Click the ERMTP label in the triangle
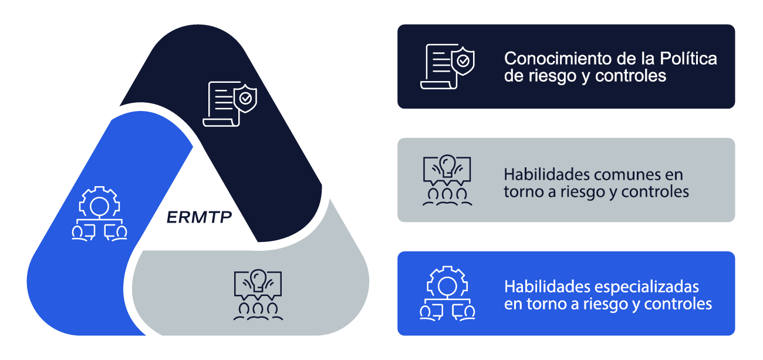[x=200, y=217]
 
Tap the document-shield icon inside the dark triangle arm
[x=230, y=104]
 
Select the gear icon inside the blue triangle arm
[x=99, y=213]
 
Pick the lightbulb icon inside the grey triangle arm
[x=258, y=295]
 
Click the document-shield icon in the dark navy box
[x=448, y=66]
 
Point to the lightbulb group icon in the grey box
[x=447, y=180]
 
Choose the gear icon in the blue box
[x=447, y=293]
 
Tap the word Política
[x=688, y=58]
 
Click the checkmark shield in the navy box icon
[x=463, y=61]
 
